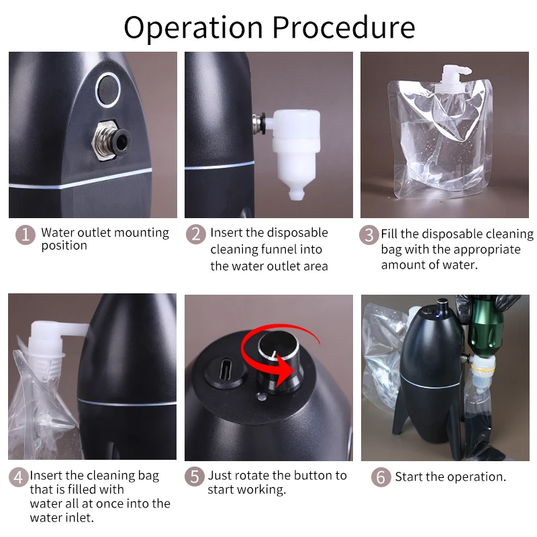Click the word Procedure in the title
tap(344, 28)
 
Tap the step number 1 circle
tap(26, 234)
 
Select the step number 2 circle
tap(196, 234)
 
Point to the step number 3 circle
tap(369, 235)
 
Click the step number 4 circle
tap(18, 477)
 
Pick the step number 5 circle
tap(195, 477)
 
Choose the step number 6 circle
tap(381, 477)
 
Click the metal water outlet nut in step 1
tap(110, 140)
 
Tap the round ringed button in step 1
tap(108, 90)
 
